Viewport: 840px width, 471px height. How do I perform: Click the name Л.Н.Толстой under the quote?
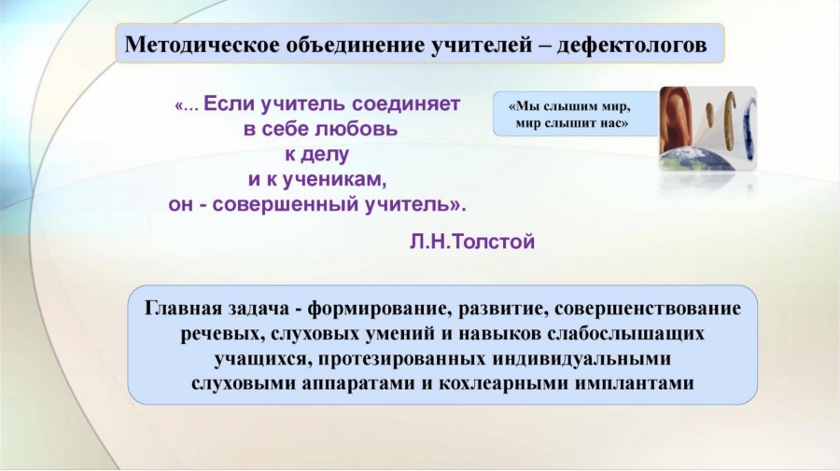(x=472, y=242)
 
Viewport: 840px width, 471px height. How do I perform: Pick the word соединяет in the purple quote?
(x=406, y=104)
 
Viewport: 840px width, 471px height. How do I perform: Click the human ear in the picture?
(x=675, y=119)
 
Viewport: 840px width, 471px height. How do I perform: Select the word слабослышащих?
(x=625, y=334)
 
